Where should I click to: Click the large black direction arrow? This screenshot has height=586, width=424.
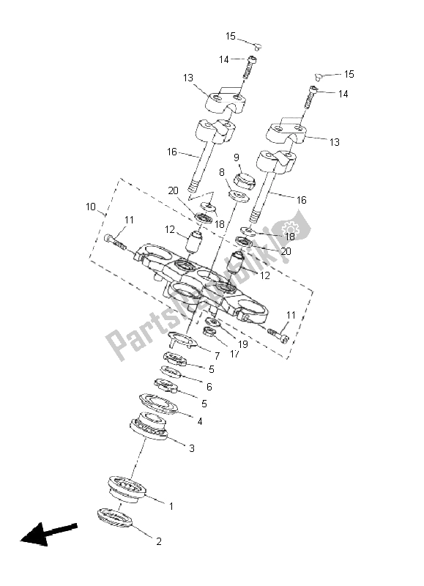[x=48, y=534]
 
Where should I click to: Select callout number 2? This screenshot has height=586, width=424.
[x=159, y=541]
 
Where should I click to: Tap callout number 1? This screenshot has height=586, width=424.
[x=171, y=506]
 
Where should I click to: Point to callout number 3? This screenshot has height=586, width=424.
[x=192, y=448]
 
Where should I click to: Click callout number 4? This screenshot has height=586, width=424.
[x=200, y=422]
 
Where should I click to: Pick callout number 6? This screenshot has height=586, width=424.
[x=209, y=387]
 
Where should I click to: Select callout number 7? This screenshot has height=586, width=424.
[x=217, y=356]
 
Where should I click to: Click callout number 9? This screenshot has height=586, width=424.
[x=237, y=157]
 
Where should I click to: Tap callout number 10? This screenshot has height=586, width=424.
[x=91, y=207]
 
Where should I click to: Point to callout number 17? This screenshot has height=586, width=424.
[x=234, y=354]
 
